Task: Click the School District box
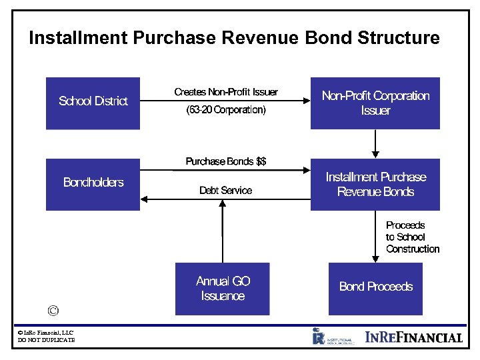[x=93, y=103]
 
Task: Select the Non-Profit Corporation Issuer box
[x=375, y=103]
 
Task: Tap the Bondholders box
[x=93, y=183]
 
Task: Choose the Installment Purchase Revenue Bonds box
[x=375, y=185]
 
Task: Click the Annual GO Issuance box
[x=223, y=289]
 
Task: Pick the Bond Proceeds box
[x=375, y=287]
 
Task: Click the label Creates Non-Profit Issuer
[x=226, y=92]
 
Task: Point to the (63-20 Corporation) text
[x=226, y=110]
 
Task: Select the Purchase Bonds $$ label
[x=226, y=161]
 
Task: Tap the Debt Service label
[x=226, y=191]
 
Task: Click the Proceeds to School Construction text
[x=412, y=237]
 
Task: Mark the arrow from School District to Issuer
[x=226, y=101]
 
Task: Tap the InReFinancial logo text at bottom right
[x=414, y=337]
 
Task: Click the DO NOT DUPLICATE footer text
[x=46, y=340]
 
